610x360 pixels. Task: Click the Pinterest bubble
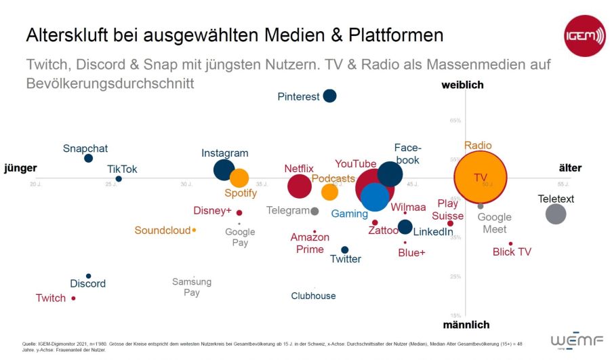tap(329, 96)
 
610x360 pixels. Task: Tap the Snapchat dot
tap(88, 158)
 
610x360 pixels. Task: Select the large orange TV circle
tap(481, 178)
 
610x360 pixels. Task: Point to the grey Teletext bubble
tap(556, 214)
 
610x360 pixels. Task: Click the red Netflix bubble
tap(299, 186)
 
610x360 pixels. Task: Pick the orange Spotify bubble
tap(239, 178)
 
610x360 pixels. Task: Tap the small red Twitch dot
tap(73, 298)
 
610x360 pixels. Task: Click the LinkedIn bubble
tap(405, 226)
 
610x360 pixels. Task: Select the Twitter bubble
tap(344, 249)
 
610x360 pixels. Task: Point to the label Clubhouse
tap(313, 296)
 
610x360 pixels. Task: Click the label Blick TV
tap(512, 252)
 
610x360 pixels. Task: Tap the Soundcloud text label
tap(162, 231)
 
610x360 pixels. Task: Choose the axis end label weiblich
tap(462, 85)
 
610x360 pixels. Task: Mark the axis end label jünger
tap(20, 168)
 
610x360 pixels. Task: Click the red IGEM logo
tap(584, 35)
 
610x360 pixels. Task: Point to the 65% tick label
tap(455, 121)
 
